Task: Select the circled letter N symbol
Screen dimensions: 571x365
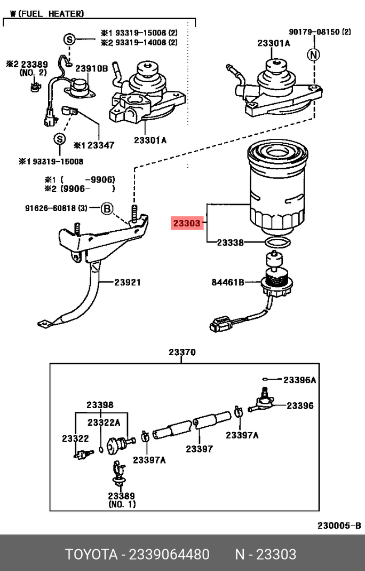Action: (314, 54)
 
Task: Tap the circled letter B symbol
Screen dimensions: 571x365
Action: (107, 208)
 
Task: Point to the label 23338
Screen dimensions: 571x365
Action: (231, 243)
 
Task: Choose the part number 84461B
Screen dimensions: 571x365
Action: (227, 282)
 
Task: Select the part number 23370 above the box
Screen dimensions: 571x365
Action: (182, 353)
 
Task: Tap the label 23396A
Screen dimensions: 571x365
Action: (299, 380)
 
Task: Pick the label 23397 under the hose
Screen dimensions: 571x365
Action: (199, 449)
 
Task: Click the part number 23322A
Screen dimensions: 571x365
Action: (104, 423)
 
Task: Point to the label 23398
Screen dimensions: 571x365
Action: (100, 405)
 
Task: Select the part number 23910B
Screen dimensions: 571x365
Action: (91, 68)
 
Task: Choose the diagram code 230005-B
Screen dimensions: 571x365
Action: (340, 526)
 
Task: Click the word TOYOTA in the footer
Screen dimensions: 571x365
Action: (91, 554)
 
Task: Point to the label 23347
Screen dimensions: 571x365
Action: (101, 145)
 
